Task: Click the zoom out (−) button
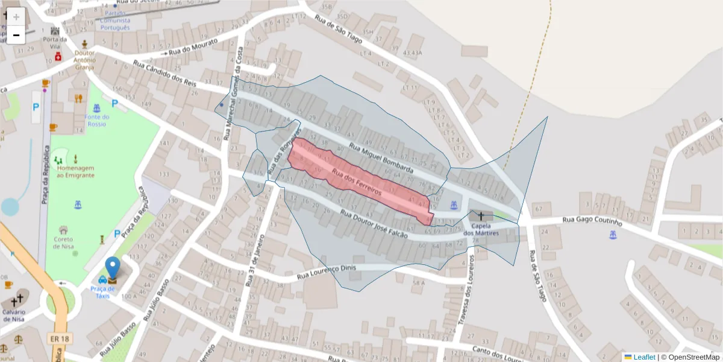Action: (x=16, y=35)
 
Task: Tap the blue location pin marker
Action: (x=113, y=268)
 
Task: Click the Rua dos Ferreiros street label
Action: (x=356, y=183)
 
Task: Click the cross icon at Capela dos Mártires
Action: (x=481, y=215)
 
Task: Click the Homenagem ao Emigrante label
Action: (x=75, y=171)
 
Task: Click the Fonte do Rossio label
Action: (x=96, y=120)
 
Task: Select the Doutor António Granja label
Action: (x=84, y=60)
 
